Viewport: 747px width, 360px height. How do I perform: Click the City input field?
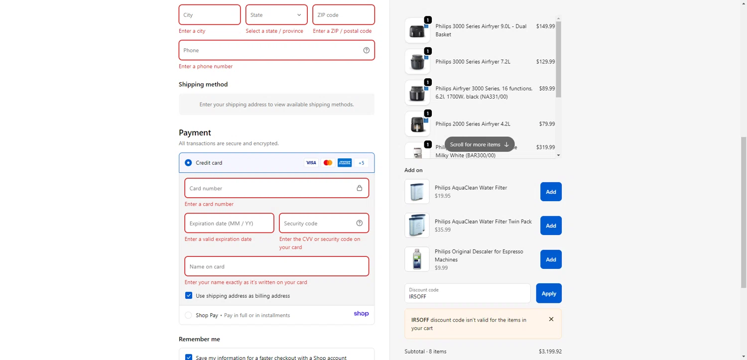(209, 15)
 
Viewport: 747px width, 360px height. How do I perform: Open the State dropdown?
(276, 15)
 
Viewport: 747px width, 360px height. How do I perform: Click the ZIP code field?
(343, 15)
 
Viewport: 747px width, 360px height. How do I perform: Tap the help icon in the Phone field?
(367, 50)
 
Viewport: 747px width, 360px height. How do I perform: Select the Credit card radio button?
(188, 163)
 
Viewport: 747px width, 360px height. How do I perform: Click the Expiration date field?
(229, 224)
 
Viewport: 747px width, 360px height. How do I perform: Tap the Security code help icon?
(360, 223)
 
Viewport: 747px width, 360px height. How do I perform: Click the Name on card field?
(276, 266)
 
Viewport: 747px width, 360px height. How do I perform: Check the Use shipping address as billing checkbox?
(189, 296)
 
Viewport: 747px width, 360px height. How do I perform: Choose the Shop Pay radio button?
(188, 315)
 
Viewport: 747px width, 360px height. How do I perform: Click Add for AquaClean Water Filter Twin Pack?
(551, 226)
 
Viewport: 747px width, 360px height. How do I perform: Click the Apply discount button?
(549, 293)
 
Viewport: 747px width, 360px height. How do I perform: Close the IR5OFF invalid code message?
(551, 319)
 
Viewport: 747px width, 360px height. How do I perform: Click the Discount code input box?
(467, 293)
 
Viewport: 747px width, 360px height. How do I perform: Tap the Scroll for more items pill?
(479, 144)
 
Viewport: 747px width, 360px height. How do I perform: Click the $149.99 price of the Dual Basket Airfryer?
(545, 26)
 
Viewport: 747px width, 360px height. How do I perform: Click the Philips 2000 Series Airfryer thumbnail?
(417, 124)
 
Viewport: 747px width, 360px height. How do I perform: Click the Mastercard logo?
(328, 163)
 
